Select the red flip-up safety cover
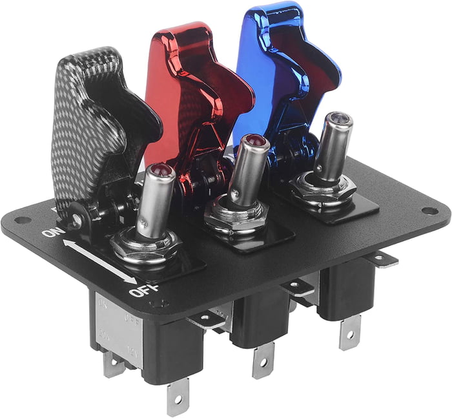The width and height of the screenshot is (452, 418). click(x=187, y=84)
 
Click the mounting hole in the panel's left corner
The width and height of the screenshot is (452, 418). click(x=21, y=220)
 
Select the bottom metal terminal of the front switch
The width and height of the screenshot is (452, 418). click(x=177, y=399)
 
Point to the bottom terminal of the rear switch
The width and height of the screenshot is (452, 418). click(x=349, y=333)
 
